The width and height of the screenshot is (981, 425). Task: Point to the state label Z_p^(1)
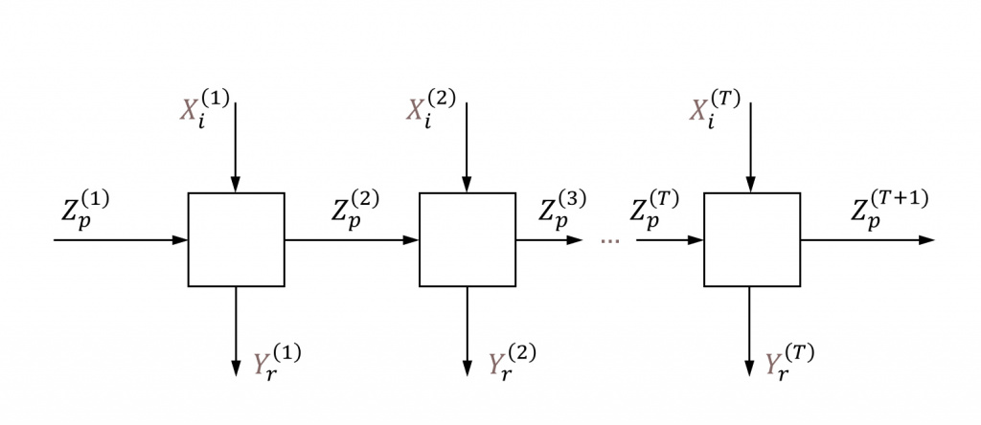point(83,211)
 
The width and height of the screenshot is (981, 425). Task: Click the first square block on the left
point(236,239)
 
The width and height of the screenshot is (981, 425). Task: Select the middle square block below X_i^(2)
point(468,239)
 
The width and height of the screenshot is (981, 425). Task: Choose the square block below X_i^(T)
point(752,239)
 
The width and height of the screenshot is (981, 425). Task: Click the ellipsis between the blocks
point(609,240)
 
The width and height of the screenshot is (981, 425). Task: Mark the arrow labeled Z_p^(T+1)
point(867,239)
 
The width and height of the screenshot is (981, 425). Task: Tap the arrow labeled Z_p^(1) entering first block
point(120,239)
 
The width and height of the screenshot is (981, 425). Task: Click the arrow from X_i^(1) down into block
point(236,144)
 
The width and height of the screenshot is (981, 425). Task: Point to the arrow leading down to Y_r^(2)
point(468,330)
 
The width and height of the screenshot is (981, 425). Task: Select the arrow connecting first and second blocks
point(352,239)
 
